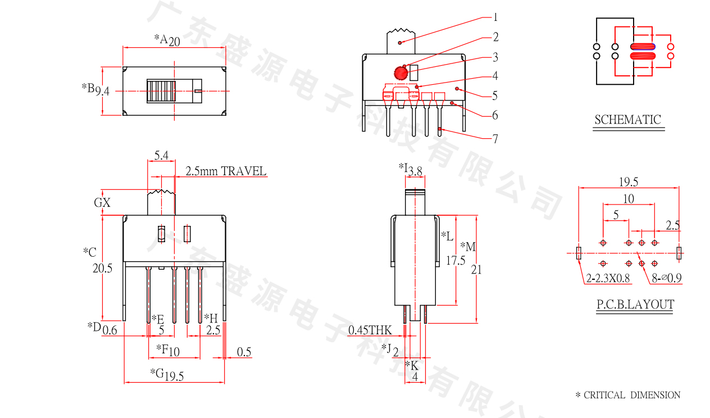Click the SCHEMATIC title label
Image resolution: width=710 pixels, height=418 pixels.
(627, 120)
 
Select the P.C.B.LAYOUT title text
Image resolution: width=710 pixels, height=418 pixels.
(635, 305)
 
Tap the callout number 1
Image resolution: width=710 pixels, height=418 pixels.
(495, 17)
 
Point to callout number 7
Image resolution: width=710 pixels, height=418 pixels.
(495, 138)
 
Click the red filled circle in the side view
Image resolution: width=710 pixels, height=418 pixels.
(400, 73)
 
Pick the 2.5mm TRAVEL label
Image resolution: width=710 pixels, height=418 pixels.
(226, 171)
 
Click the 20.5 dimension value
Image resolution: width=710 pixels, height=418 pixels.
(102, 269)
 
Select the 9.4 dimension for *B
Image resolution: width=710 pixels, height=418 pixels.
(102, 90)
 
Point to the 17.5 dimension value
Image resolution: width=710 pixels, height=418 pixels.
(455, 261)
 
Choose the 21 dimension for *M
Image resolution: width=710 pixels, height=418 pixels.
(476, 270)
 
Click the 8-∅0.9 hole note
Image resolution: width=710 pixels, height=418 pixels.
(667, 278)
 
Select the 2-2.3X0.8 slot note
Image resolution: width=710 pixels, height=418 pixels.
(608, 278)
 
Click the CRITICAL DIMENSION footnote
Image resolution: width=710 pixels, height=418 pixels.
(627, 395)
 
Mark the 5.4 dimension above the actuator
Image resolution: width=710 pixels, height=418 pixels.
(161, 156)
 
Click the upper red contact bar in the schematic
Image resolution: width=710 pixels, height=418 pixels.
(643, 47)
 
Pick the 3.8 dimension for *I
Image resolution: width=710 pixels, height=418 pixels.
(415, 171)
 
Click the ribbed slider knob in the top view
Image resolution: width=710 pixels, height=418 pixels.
(161, 90)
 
